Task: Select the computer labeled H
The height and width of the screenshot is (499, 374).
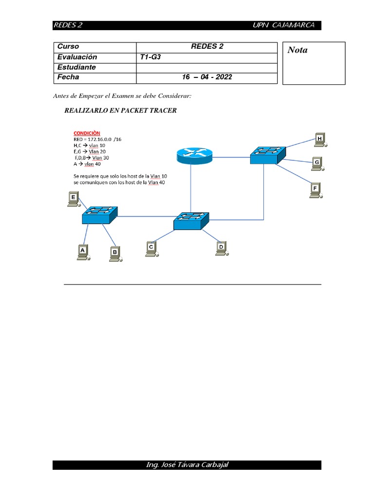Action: pyautogui.click(x=319, y=140)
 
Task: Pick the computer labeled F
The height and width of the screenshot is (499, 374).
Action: pyautogui.click(x=316, y=189)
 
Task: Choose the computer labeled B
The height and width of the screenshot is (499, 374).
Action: pyautogui.click(x=115, y=253)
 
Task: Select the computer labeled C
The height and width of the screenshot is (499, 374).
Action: pyautogui.click(x=151, y=249)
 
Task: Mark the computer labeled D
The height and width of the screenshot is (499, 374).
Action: pyautogui.click(x=222, y=249)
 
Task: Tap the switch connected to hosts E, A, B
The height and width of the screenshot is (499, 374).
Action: pyautogui.click(x=99, y=215)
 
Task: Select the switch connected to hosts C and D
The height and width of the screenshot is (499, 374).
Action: pyautogui.click(x=191, y=221)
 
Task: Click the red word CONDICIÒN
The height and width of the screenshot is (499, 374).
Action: pyautogui.click(x=87, y=133)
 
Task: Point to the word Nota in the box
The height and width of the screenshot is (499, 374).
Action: pyautogui.click(x=298, y=50)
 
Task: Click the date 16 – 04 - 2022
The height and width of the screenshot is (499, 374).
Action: pyautogui.click(x=207, y=77)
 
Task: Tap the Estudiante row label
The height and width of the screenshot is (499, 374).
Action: pyautogui.click(x=76, y=67)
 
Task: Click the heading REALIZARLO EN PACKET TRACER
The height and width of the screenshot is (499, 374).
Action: pyautogui.click(x=120, y=111)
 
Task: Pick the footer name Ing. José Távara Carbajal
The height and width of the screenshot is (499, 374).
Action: pyautogui.click(x=187, y=464)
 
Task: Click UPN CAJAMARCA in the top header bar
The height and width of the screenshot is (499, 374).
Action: pyautogui.click(x=284, y=25)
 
